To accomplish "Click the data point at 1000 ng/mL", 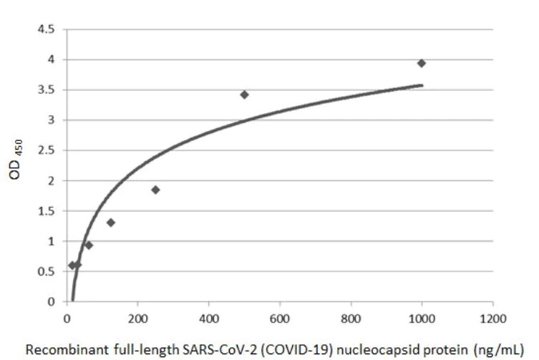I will tap(422, 63).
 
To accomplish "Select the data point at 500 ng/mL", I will tap(244, 94).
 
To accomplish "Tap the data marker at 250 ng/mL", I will tap(155, 190).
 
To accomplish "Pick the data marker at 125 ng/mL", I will tap(111, 223).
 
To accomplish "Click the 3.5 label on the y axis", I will tap(51, 90).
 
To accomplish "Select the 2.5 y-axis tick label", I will tap(51, 151).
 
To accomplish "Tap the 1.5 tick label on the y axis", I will tap(51, 211).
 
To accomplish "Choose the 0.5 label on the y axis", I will tap(51, 272).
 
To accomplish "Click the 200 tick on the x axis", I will tap(137, 317).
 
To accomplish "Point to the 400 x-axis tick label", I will tap(209, 317).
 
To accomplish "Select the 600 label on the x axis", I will tap(280, 317).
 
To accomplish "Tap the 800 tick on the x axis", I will tap(351, 317).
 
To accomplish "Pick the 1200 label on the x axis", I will tap(492, 317).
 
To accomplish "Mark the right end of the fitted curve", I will tap(422, 84).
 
